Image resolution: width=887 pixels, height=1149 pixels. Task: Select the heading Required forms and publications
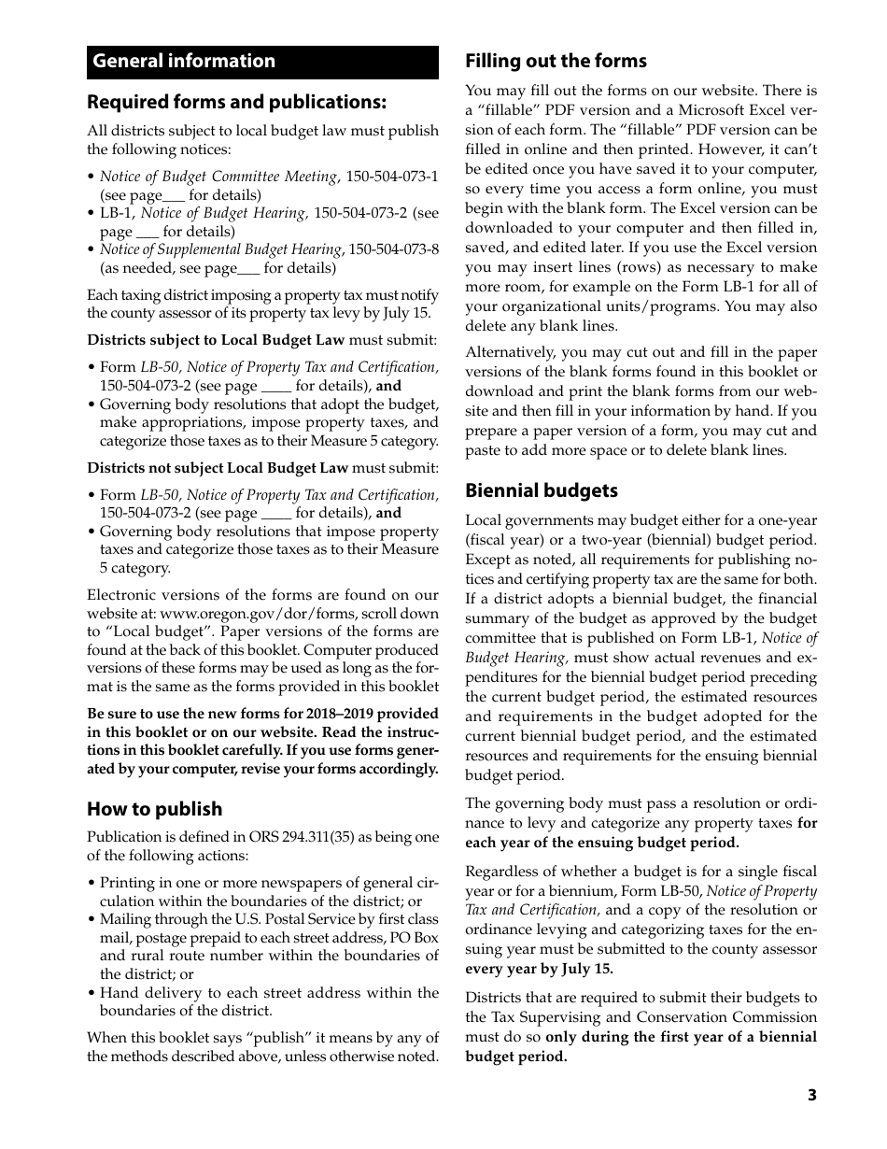tap(236, 102)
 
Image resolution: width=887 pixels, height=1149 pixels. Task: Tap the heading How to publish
tap(155, 809)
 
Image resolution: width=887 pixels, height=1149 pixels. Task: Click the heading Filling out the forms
tap(556, 62)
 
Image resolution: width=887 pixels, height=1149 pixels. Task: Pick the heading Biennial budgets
tap(542, 490)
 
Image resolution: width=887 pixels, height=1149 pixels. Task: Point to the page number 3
tap(811, 1095)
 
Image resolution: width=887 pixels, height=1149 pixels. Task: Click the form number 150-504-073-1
tap(392, 177)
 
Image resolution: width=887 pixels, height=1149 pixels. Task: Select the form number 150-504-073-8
tap(392, 249)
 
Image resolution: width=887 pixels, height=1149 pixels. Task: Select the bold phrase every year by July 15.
tap(539, 969)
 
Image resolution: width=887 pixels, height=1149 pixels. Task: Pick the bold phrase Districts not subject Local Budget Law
tap(218, 468)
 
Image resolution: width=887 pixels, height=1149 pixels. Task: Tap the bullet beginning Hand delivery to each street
tap(269, 993)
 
